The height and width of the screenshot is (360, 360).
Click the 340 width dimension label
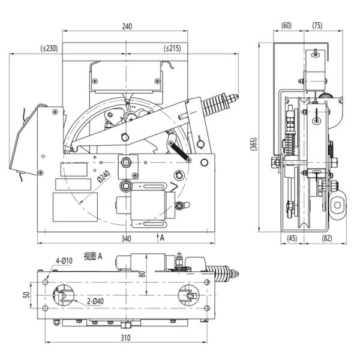click(x=126, y=239)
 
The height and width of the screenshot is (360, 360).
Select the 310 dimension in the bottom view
click(x=125, y=338)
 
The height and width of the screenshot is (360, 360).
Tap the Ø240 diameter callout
click(x=104, y=176)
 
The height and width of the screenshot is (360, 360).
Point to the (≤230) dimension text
click(x=49, y=49)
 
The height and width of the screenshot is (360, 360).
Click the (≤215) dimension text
click(x=172, y=49)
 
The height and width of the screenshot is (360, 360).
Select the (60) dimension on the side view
click(x=286, y=25)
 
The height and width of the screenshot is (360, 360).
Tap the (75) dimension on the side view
click(x=317, y=25)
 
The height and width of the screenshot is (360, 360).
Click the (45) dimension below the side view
click(x=292, y=238)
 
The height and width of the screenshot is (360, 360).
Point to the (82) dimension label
click(x=327, y=238)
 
